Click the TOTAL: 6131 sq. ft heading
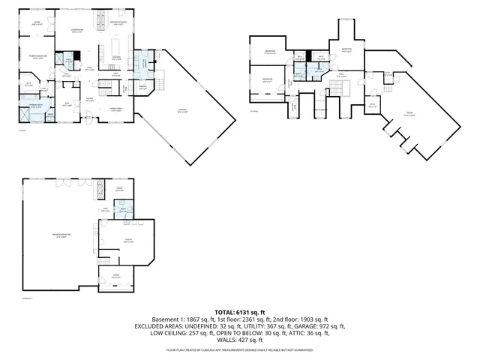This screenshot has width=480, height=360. (240, 311)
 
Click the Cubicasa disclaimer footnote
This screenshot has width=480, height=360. (240, 349)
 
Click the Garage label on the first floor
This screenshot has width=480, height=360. (182, 110)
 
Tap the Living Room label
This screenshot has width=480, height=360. (76, 30)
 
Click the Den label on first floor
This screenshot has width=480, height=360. (67, 104)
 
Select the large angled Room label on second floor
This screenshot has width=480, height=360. (409, 115)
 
